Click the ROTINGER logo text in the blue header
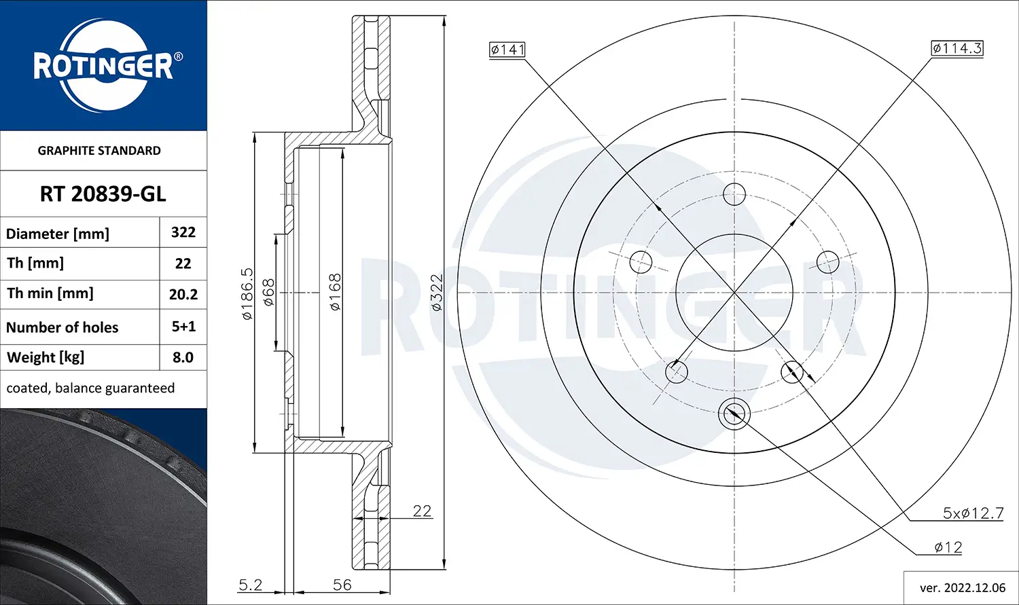pos(103,66)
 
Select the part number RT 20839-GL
pos(103,194)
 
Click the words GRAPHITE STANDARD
pos(99,151)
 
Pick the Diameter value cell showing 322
pos(183,232)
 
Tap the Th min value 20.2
pos(183,294)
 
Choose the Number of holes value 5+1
pos(183,327)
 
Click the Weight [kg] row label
pos(46,357)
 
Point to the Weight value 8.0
pos(183,357)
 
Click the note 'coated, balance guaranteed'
pos(90,388)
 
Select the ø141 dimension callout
pos(507,50)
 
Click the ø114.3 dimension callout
pos(957,48)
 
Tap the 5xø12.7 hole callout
pos(973,513)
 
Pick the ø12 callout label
pos(948,547)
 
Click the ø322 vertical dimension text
pos(436,293)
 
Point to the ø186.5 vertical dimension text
pos(247,294)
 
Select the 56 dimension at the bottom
pos(342,585)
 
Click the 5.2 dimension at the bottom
pos(250,585)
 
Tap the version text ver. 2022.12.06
pos(962,588)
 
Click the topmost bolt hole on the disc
pos(734,194)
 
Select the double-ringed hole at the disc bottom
pos(734,412)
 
